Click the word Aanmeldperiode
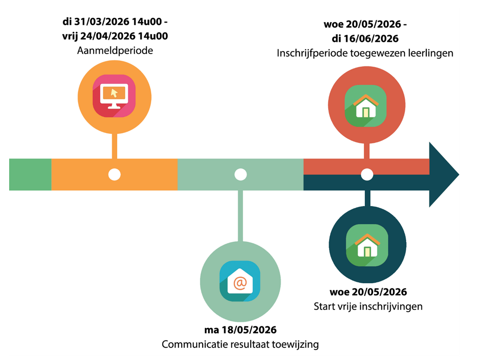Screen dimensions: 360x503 click(115, 51)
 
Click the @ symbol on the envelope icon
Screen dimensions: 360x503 click(240, 282)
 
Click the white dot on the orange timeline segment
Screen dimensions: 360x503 click(114, 174)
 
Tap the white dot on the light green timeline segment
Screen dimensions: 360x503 click(240, 174)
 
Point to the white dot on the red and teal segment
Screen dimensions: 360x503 click(367, 174)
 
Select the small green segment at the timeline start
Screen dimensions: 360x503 click(30, 174)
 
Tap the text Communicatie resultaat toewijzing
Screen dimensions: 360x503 click(240, 345)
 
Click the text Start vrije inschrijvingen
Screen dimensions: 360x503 click(368, 306)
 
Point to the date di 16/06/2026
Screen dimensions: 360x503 click(365, 38)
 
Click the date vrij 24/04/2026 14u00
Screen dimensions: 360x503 click(115, 36)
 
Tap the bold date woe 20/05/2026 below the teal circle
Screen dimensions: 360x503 click(368, 292)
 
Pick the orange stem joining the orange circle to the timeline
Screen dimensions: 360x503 click(115, 146)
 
